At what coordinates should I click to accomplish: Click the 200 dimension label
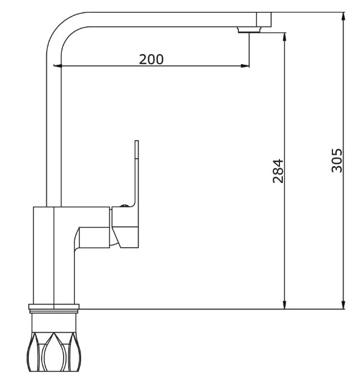point(151,59)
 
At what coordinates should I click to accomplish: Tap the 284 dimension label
point(278,171)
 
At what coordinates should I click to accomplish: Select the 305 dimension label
point(337,160)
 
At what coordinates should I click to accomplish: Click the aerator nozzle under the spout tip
point(249,30)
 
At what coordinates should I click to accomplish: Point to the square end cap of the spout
point(264,19)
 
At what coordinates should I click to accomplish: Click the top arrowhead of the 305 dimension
point(343,16)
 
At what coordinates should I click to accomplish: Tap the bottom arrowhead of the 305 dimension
point(343,305)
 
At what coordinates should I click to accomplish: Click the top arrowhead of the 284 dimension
point(285,37)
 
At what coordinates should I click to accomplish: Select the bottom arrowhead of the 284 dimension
point(285,305)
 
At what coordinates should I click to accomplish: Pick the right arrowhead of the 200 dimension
point(245,66)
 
